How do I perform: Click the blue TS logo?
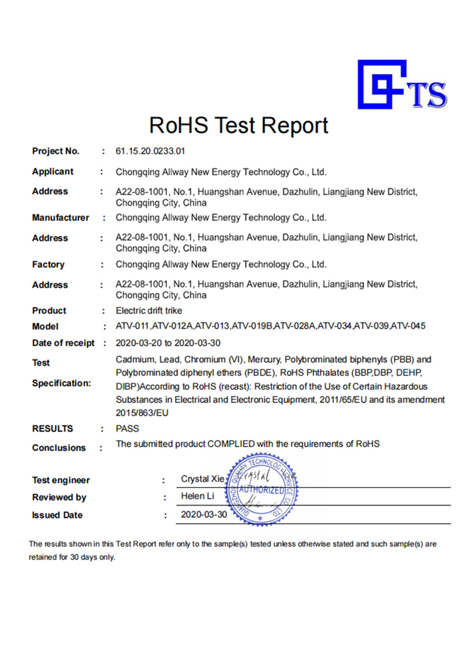(x=401, y=85)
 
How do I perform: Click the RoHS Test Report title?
(x=238, y=126)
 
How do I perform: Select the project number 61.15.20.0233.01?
(x=150, y=151)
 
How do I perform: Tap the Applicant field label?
(x=53, y=172)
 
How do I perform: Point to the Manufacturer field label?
(x=60, y=218)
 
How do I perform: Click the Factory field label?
(x=48, y=265)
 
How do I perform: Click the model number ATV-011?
(x=132, y=327)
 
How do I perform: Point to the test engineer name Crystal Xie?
(x=203, y=480)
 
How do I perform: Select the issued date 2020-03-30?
(x=204, y=515)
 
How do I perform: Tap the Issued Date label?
(x=57, y=515)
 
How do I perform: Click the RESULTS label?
(x=53, y=429)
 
